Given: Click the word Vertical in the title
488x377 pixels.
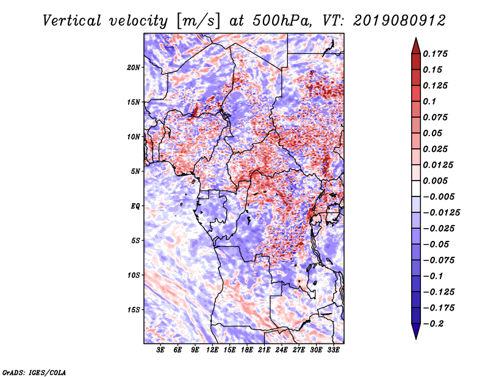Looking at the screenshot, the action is point(71,21).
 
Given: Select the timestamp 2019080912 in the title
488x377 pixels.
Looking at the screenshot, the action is point(400,21).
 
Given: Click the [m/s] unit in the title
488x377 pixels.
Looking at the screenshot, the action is point(198,21).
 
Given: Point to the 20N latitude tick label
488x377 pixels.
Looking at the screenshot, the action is point(134,68).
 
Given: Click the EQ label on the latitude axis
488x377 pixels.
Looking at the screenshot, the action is point(135,206).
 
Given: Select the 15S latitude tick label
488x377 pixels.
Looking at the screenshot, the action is point(134,310).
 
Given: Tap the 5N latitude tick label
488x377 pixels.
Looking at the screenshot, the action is point(135,171).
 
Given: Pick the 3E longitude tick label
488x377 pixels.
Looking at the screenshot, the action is point(160,350).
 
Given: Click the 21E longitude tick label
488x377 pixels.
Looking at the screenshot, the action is point(264,350).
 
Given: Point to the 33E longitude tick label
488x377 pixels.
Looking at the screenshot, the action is point(333,350).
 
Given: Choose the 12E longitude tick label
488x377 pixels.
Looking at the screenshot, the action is point(212,350).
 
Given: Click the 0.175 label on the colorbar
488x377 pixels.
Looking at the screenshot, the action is point(435,54).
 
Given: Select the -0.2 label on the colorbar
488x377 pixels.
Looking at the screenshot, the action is point(433,324).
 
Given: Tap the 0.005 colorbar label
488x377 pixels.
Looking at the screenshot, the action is point(435,181).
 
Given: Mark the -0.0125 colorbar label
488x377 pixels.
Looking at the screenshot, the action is point(441,213).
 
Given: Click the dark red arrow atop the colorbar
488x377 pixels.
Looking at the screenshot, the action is point(416,47).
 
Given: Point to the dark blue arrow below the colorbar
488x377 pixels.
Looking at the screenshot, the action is point(416,331).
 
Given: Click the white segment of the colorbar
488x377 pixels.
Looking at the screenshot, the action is point(416,188).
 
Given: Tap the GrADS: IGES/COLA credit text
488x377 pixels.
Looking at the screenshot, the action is point(34,372).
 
